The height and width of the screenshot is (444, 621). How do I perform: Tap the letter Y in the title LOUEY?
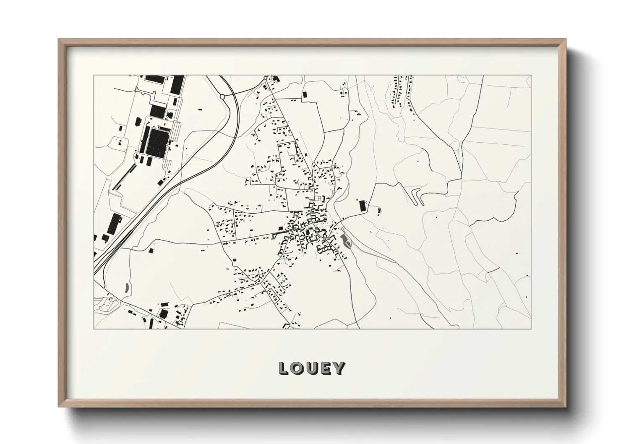[339, 368]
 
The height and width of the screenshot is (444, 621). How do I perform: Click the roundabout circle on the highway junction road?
[222, 97]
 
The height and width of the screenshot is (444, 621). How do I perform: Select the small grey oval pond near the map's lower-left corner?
[127, 288]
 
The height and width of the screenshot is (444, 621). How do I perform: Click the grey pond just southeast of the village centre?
[345, 241]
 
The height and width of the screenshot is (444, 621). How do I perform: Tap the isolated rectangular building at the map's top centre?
[305, 95]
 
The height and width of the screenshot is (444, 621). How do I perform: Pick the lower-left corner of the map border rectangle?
[94, 329]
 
